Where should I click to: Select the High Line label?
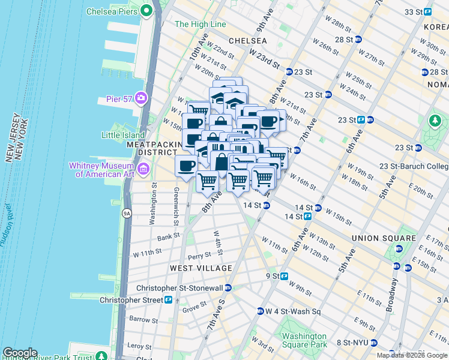pos(200,25)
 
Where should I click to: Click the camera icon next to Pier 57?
pos(141,98)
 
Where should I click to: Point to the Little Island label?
pos(123,135)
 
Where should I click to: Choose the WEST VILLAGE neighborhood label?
pos(200,268)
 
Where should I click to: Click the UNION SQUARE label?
pos(384,238)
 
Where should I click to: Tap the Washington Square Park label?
pos(304,340)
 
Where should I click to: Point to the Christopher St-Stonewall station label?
pos(187,288)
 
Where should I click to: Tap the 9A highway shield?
pos(126,212)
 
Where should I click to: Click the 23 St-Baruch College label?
pos(424,166)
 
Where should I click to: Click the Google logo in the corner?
pos(20,353)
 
